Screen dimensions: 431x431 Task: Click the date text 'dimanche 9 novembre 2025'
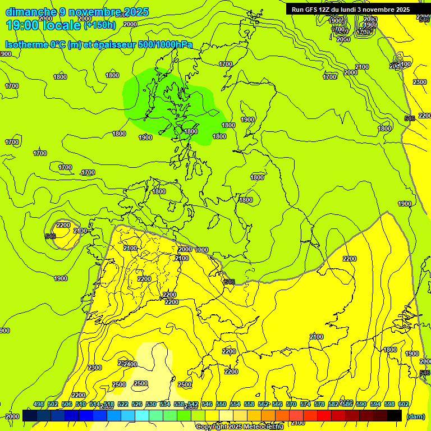point(77,12)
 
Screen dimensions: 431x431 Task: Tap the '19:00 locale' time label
point(43,25)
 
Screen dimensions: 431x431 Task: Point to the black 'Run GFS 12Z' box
point(351,9)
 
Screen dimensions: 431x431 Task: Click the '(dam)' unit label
point(415,416)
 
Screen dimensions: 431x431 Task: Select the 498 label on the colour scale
point(38,405)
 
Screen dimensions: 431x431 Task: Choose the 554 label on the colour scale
point(235,405)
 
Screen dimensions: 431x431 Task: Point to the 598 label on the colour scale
point(389,405)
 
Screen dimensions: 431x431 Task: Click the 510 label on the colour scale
point(80,405)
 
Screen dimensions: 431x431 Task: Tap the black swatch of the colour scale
point(395,416)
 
